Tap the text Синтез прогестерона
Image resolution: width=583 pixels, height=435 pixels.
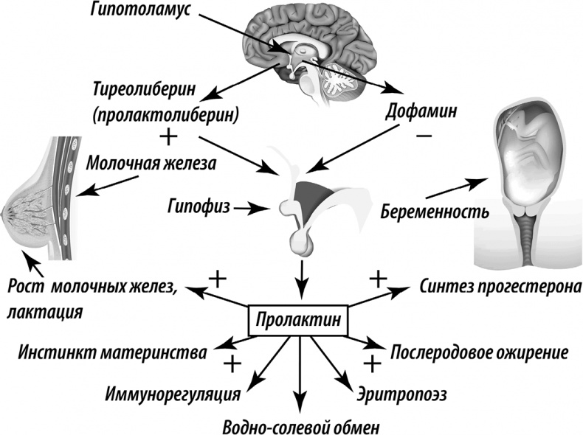(x=499, y=286)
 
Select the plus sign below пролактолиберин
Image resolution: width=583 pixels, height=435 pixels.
(x=169, y=136)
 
